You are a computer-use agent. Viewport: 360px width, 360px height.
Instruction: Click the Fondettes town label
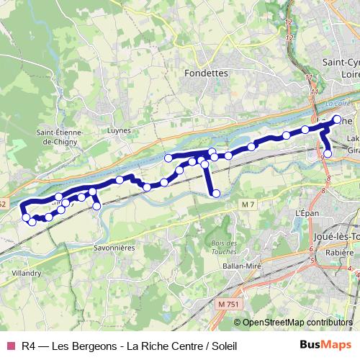click(x=206, y=73)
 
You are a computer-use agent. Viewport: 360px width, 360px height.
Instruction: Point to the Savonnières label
click(x=114, y=247)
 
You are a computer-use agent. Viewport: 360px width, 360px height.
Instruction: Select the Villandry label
click(x=27, y=274)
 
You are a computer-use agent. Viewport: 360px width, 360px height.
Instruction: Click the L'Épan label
click(x=307, y=213)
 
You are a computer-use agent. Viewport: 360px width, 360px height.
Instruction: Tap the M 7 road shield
click(x=248, y=204)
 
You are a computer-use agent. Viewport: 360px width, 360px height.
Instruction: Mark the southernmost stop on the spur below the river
click(x=215, y=193)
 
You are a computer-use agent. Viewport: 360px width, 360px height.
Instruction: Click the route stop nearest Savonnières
click(x=96, y=207)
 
